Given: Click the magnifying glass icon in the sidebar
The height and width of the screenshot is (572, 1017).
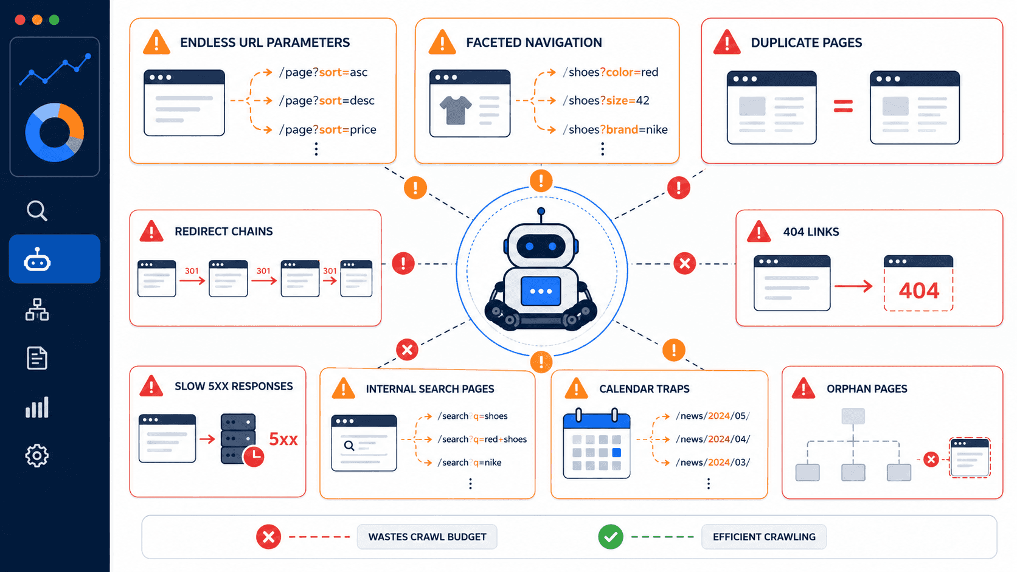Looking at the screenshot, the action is (x=36, y=210).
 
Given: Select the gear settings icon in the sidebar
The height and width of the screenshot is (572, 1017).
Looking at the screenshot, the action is (x=36, y=455).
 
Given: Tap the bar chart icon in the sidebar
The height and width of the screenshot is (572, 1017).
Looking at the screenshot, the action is (x=36, y=407).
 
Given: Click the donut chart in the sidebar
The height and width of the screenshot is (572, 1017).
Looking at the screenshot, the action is (x=55, y=133).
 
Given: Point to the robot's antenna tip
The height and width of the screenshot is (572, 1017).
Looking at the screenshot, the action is (x=541, y=212).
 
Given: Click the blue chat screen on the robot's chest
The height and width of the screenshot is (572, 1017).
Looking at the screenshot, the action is (x=541, y=291).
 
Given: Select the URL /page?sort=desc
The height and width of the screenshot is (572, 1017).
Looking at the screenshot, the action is (x=327, y=100).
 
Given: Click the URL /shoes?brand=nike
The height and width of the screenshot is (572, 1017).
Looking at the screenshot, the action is (x=615, y=129).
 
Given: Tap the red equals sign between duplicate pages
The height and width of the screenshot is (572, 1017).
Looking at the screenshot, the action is (x=843, y=106).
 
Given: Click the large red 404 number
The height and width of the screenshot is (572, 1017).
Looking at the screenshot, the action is (x=919, y=291).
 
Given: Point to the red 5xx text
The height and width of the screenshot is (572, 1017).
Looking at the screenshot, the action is (x=283, y=439).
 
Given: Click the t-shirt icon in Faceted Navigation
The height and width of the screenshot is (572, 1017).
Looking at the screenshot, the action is (x=456, y=110).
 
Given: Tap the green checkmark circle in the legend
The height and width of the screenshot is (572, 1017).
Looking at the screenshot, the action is (x=611, y=537).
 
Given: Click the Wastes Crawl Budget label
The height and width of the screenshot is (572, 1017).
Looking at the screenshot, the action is (x=427, y=537).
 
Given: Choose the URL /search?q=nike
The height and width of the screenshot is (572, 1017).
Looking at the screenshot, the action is (x=470, y=462).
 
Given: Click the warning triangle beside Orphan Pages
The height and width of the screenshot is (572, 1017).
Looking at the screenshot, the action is (x=803, y=388).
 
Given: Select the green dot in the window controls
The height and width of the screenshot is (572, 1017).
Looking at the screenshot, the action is (x=54, y=19).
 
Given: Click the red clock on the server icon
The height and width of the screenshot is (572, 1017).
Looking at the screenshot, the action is (x=254, y=456).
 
